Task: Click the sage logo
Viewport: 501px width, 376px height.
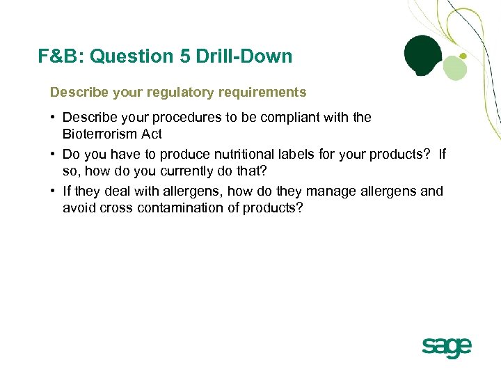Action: coord(446,347)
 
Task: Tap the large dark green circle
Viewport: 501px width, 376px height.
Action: coord(424,55)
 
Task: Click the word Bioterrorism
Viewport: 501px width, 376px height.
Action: coord(104,134)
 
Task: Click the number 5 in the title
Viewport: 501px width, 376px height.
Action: coord(184,56)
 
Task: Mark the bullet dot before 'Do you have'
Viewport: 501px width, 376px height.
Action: coord(53,154)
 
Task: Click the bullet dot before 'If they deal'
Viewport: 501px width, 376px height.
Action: coord(53,191)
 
